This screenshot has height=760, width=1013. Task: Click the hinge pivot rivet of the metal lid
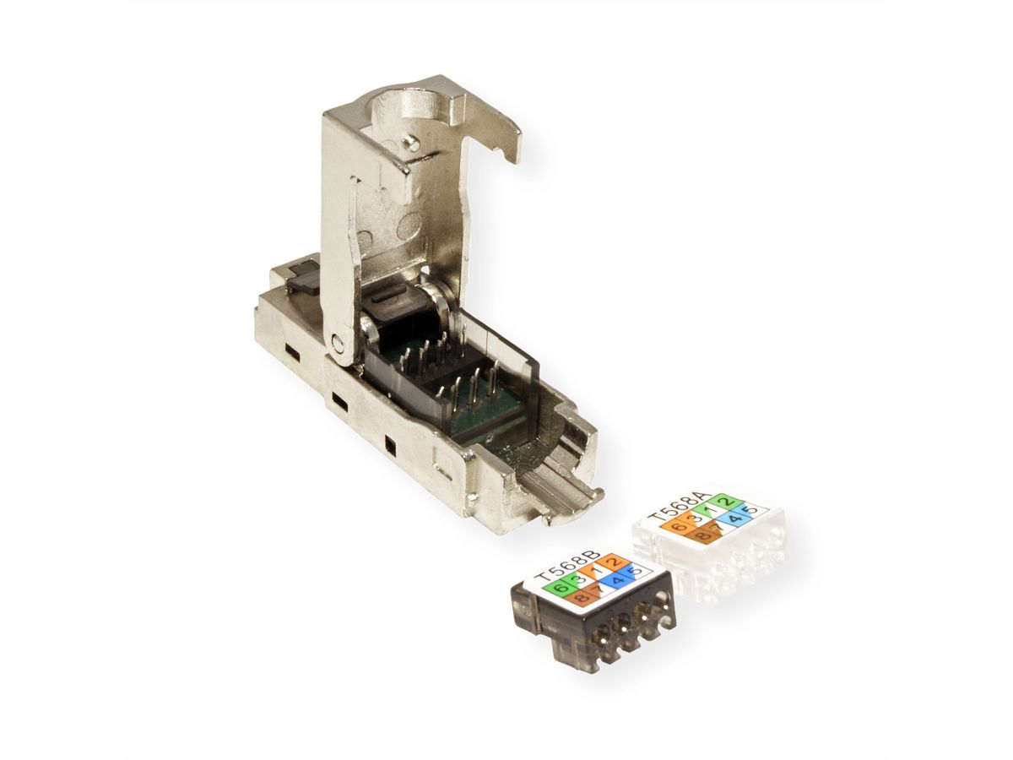click(x=339, y=344)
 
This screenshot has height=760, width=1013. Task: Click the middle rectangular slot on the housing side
click(x=338, y=397)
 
